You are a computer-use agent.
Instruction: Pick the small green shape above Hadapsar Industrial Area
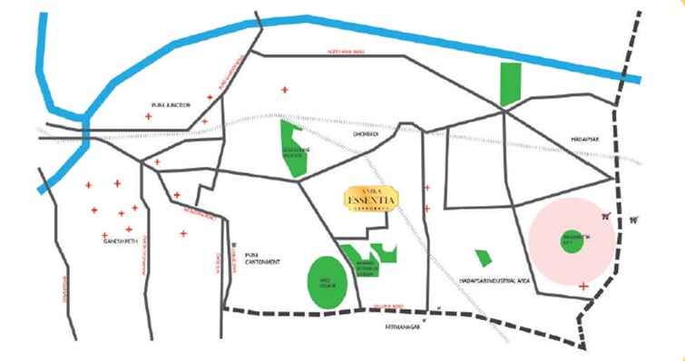480,259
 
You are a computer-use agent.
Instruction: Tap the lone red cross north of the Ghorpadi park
285,90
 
